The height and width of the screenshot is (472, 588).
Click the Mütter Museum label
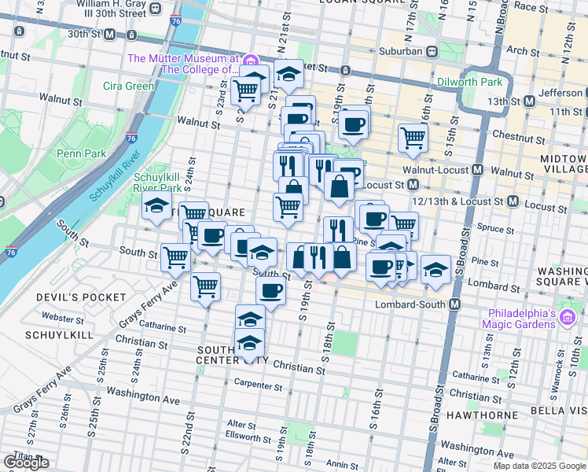[183, 64]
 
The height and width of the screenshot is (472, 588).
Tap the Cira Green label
[128, 86]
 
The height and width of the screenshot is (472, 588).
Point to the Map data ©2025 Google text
[539, 466]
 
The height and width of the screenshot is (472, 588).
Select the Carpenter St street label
[259, 385]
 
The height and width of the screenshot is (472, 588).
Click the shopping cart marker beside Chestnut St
[413, 138]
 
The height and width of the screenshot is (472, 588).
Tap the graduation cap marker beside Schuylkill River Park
[156, 207]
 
